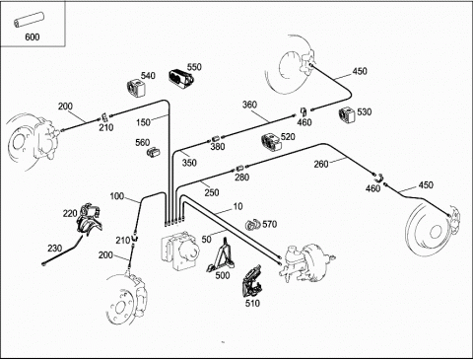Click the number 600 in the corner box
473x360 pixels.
33,36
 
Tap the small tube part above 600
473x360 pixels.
29,20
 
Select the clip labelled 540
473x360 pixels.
136,88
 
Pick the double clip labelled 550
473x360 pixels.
181,79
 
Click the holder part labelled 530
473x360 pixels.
347,114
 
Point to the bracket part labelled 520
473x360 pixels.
271,143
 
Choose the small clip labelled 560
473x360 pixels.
153,152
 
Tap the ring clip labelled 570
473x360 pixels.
252,225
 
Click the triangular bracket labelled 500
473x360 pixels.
221,254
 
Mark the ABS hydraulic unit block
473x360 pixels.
179,251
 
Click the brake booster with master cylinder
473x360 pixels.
305,263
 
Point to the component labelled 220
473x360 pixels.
89,219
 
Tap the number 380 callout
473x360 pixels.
218,146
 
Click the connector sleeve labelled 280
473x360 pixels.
239,169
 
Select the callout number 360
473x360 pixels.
249,105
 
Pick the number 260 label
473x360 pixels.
321,164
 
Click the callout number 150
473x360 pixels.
143,122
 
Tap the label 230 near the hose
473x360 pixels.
54,249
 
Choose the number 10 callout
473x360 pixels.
237,206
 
